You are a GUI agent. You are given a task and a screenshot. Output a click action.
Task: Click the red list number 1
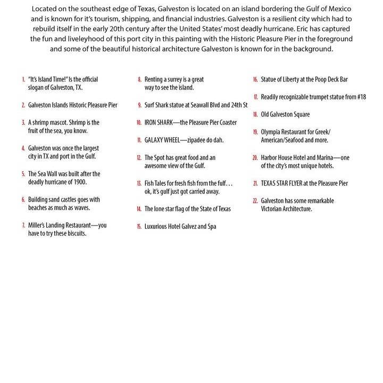[x=23, y=79]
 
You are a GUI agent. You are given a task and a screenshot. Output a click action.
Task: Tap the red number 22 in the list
[x=255, y=201]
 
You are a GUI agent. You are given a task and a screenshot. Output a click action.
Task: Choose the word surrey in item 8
[x=173, y=79]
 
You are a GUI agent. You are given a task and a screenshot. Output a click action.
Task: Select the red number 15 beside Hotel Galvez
[x=139, y=227]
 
